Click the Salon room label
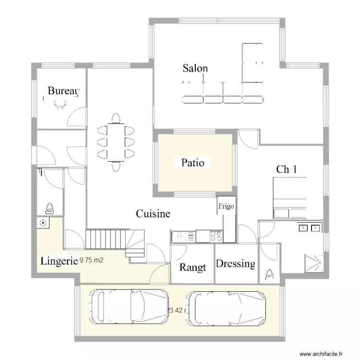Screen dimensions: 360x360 (195, 68)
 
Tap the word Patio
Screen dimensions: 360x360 (192, 163)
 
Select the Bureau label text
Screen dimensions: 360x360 (63, 91)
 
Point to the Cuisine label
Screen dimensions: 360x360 (153, 214)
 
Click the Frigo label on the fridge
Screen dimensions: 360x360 (226, 206)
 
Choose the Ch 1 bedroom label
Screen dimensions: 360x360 (287, 169)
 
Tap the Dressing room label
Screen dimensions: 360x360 (235, 264)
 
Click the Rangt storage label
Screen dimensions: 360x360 (192, 267)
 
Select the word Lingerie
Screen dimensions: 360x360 (59, 261)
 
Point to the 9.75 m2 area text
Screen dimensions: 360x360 (92, 260)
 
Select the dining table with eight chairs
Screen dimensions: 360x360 (116, 142)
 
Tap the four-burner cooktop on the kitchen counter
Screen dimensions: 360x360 (216, 236)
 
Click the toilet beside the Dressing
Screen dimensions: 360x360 (269, 274)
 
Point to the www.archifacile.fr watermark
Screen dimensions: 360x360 (322, 354)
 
